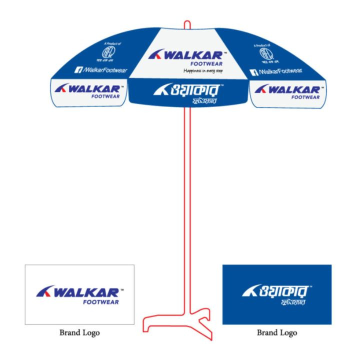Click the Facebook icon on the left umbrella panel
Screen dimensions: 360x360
[x=78, y=70]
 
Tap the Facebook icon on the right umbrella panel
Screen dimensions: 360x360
[x=253, y=72]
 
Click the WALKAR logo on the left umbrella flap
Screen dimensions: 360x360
[x=88, y=90]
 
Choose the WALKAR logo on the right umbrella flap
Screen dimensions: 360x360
[x=287, y=90]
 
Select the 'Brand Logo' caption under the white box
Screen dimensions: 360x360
[x=79, y=332]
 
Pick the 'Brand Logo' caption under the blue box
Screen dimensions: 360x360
[x=276, y=332]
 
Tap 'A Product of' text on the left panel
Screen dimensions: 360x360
[x=112, y=44]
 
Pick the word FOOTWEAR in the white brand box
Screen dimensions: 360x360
[x=100, y=302]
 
